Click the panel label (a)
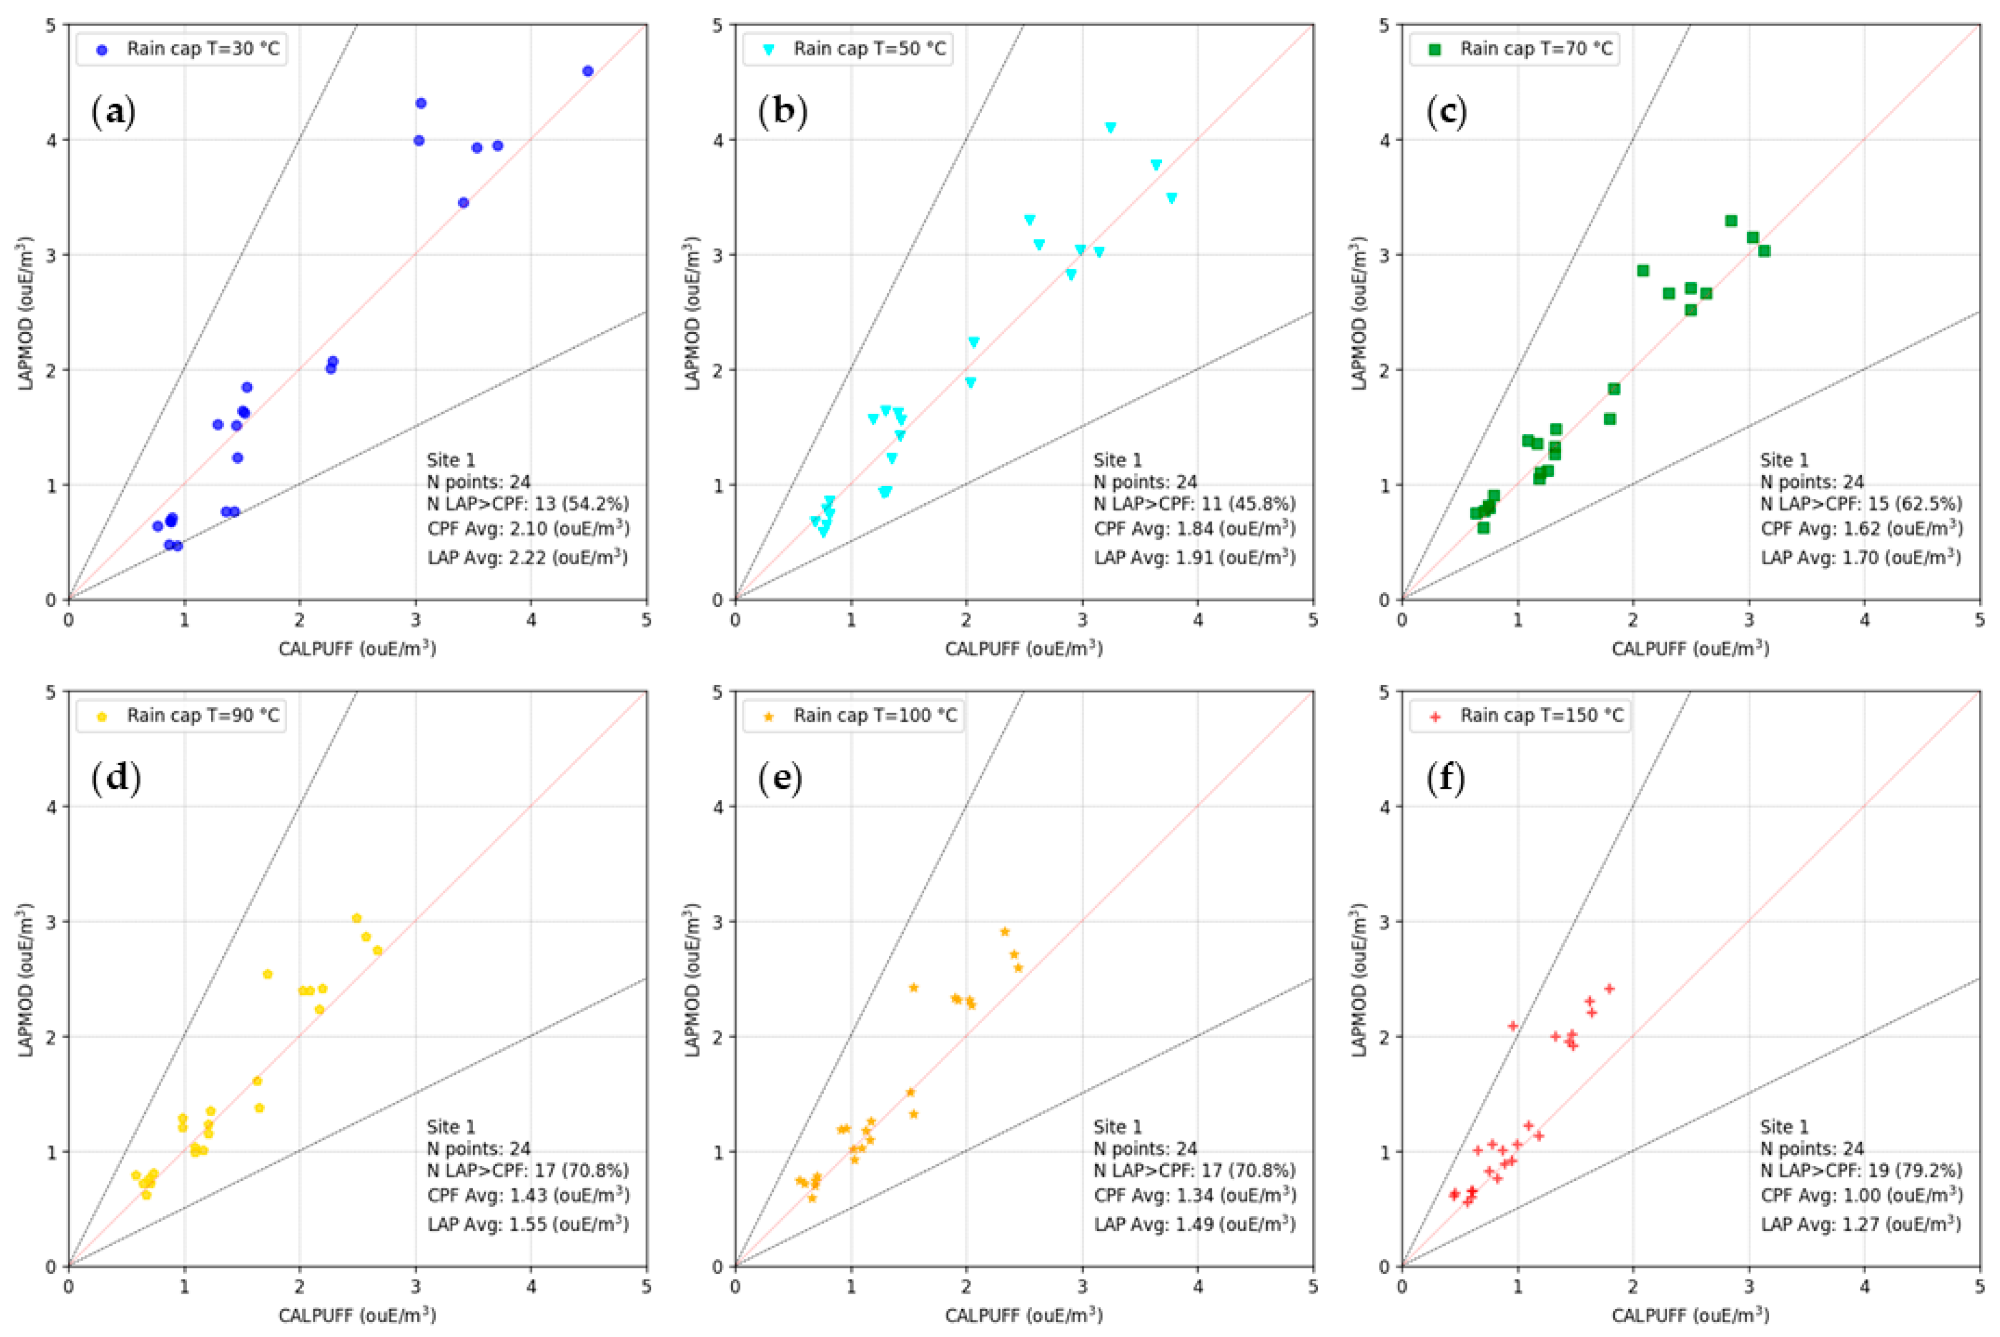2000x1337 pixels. [x=113, y=112]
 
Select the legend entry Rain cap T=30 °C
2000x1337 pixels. [x=202, y=48]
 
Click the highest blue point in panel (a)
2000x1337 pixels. [x=587, y=71]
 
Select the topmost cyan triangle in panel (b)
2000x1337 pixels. [x=1110, y=128]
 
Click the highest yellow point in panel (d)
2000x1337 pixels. [x=356, y=918]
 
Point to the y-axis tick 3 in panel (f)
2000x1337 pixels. [x=1385, y=922]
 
